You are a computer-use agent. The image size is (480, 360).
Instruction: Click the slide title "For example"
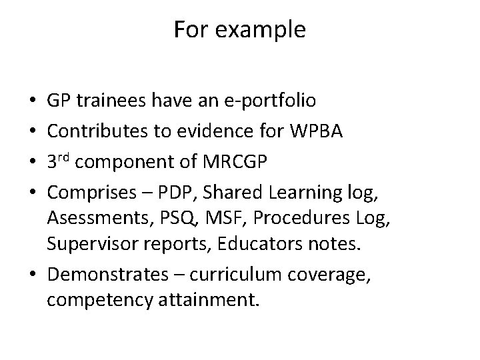pyautogui.click(x=240, y=30)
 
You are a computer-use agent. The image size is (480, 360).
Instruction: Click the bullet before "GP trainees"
pyautogui.click(x=33, y=101)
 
